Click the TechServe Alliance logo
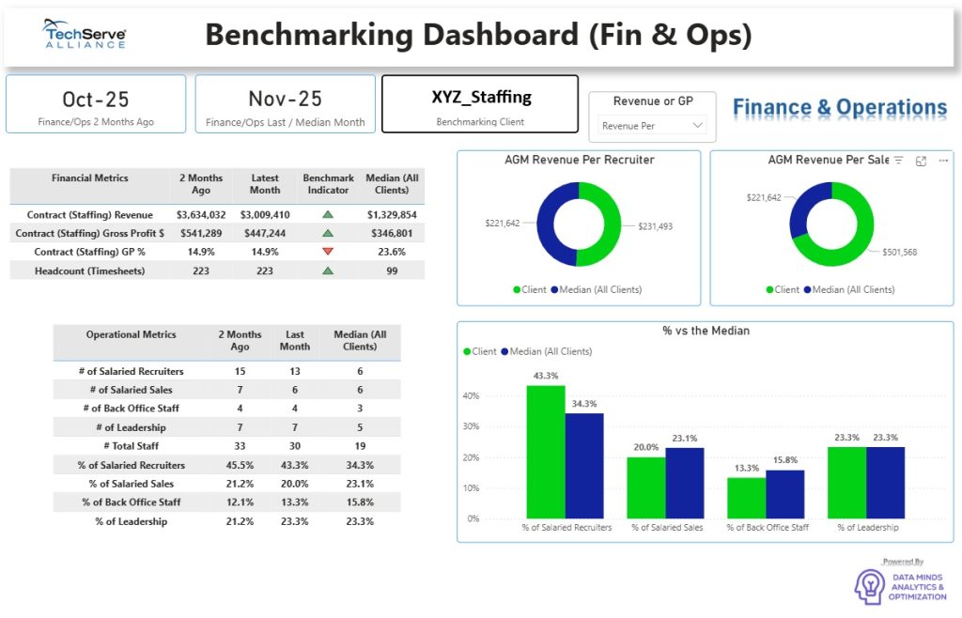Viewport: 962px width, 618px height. pyautogui.click(x=85, y=35)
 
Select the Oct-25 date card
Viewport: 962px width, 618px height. pyautogui.click(x=96, y=104)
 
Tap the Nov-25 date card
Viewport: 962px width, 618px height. pyautogui.click(x=285, y=104)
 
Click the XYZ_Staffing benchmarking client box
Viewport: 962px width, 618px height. pyautogui.click(x=480, y=104)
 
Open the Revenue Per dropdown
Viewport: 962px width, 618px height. pyautogui.click(x=653, y=125)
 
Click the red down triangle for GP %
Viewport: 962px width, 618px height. pyautogui.click(x=328, y=252)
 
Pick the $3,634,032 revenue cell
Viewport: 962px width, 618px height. pyautogui.click(x=201, y=215)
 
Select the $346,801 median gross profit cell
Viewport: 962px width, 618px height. pyautogui.click(x=392, y=233)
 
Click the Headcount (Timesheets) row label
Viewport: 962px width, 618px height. pyautogui.click(x=90, y=270)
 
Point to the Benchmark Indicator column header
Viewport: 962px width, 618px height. pyautogui.click(x=328, y=183)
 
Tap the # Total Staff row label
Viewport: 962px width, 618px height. pyautogui.click(x=132, y=446)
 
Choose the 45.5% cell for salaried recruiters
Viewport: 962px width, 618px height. pyautogui.click(x=240, y=465)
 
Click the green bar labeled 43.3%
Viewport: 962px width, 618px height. pyautogui.click(x=546, y=452)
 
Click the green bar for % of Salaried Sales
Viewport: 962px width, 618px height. pyautogui.click(x=646, y=487)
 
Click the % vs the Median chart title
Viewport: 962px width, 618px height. pyautogui.click(x=706, y=331)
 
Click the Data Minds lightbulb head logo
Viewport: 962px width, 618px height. pyautogui.click(x=869, y=587)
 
